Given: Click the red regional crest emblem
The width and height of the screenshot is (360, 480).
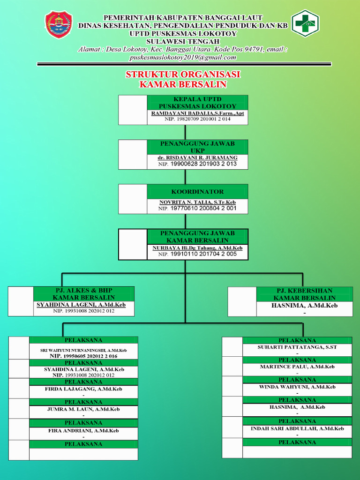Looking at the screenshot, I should click(59, 25).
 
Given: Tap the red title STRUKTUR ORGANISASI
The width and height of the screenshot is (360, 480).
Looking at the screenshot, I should click(183, 75).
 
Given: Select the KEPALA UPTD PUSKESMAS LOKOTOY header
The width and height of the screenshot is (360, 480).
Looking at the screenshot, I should click(197, 103).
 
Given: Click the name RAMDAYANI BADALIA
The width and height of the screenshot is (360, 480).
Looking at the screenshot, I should click(197, 113).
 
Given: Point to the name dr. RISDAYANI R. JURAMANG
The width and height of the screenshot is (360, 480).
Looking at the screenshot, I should click(197, 157).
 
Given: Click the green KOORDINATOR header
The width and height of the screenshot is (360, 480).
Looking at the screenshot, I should click(197, 191).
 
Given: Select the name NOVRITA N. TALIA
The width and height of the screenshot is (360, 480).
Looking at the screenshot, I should click(197, 202).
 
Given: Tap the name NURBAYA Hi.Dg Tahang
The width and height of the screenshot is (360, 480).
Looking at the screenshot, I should click(197, 247).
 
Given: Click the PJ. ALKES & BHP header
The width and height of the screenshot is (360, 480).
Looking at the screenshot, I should click(83, 294).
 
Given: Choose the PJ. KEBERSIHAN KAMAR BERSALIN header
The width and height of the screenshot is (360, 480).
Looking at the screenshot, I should click(304, 294).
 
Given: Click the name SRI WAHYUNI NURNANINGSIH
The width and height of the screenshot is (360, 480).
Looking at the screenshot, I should click(83, 350).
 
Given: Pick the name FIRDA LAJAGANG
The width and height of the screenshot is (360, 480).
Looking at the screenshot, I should click(83, 389).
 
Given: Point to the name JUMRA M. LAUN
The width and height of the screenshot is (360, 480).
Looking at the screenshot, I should click(83, 409).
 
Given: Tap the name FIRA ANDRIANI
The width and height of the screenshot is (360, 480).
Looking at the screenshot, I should click(83, 430).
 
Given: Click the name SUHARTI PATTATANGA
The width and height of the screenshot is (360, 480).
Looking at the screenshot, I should click(297, 347).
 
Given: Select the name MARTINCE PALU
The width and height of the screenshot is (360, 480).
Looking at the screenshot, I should click(297, 367).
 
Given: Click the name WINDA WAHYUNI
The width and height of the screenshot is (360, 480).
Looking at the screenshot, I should click(297, 387).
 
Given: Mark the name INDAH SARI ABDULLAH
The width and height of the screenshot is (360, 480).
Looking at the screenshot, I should click(297, 428).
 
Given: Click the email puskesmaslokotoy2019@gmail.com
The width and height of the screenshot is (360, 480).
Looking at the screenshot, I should click(183, 57).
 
